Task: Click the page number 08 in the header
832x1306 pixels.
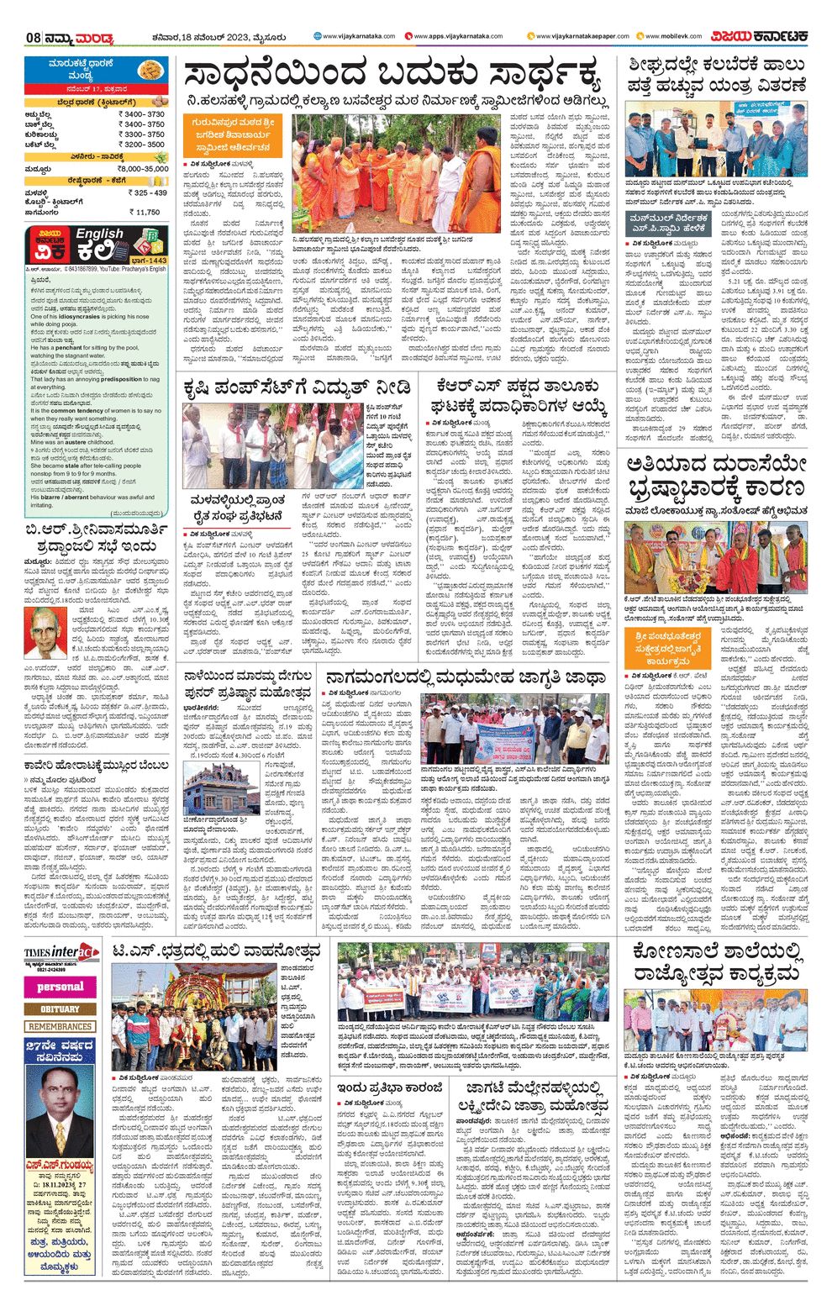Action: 34,38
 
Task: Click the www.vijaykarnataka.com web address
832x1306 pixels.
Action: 346,36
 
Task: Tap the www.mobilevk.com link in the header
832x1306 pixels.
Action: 672,36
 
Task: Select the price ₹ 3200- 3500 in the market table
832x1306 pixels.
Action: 141,145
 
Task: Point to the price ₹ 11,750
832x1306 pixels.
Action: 146,213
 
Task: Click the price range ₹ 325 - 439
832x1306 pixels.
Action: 148,193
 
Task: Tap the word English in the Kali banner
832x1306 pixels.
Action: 99,234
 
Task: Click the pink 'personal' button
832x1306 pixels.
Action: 61,987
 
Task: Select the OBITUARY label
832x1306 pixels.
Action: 61,1008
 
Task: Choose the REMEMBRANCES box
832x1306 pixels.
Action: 61,1027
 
